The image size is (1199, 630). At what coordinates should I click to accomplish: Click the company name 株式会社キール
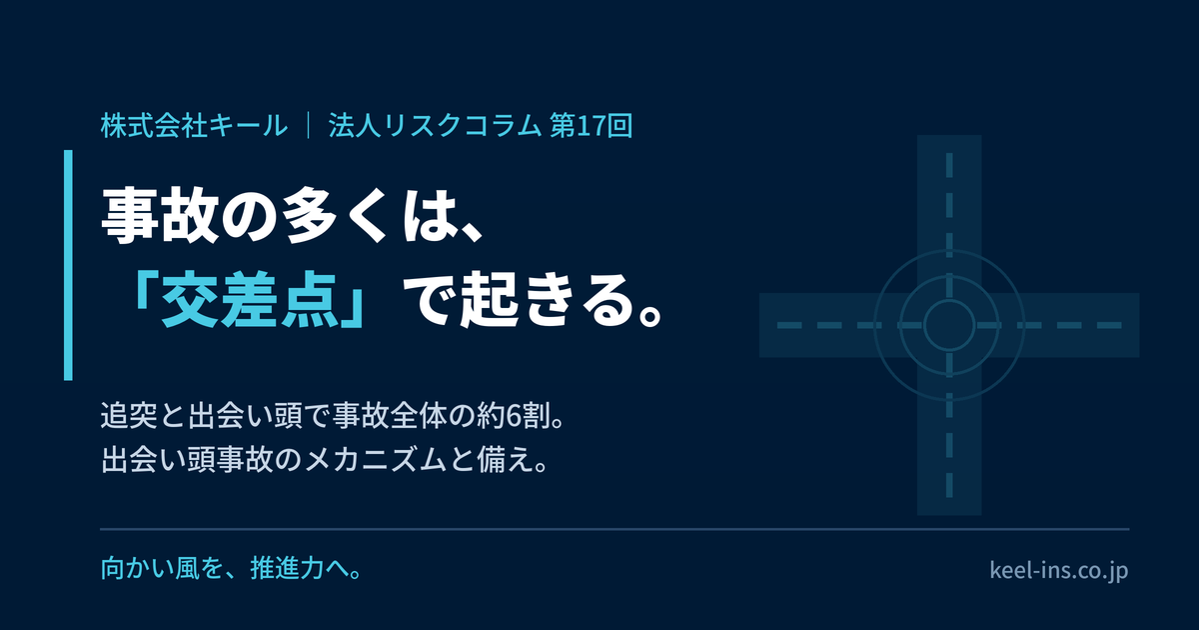coord(194,126)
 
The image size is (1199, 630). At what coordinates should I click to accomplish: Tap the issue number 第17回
coord(592,126)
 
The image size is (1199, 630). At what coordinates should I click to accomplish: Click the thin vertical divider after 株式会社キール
coord(309,126)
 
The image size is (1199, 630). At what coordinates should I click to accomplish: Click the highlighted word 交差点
coord(250,300)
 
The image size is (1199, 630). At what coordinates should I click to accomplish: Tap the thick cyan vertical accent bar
coord(68,265)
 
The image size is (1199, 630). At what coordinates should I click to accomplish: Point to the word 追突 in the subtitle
coord(129,416)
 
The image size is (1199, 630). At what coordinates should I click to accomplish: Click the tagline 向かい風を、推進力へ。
coord(232,569)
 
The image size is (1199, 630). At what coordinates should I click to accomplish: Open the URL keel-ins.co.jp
coord(1059,570)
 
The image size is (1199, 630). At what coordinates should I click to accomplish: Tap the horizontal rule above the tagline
coord(614,529)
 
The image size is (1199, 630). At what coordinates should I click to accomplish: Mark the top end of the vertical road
coord(949,136)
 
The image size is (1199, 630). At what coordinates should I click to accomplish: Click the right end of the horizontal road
coord(1139,325)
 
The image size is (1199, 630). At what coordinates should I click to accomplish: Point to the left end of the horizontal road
coord(760,325)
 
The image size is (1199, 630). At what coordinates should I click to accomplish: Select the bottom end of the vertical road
coord(949,515)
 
